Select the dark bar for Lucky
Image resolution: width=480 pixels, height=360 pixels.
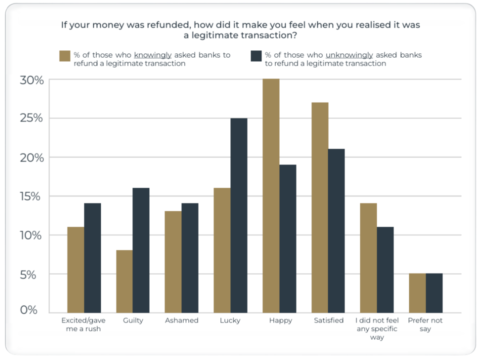coord(239,215)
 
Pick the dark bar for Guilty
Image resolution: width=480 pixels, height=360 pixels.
coord(141,250)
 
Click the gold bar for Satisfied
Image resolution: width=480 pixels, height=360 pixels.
coord(320,207)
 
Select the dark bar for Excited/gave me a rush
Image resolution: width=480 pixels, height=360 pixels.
coord(92,258)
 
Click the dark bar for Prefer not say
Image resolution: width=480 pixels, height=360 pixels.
coord(434,293)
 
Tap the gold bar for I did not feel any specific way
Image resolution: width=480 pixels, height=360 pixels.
coord(368,258)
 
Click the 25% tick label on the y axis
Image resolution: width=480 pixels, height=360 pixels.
coord(32,118)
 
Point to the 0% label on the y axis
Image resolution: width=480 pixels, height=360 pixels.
coord(29,310)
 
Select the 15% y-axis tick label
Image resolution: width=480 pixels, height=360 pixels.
coord(32,196)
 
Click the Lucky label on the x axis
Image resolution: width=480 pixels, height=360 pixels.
coord(230,320)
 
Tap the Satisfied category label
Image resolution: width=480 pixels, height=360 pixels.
coord(328,320)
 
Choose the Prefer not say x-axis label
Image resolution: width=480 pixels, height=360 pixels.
coord(425,324)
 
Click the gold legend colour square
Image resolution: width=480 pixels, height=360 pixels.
coord(64,55)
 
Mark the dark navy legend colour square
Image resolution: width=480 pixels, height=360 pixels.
coord(255,55)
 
